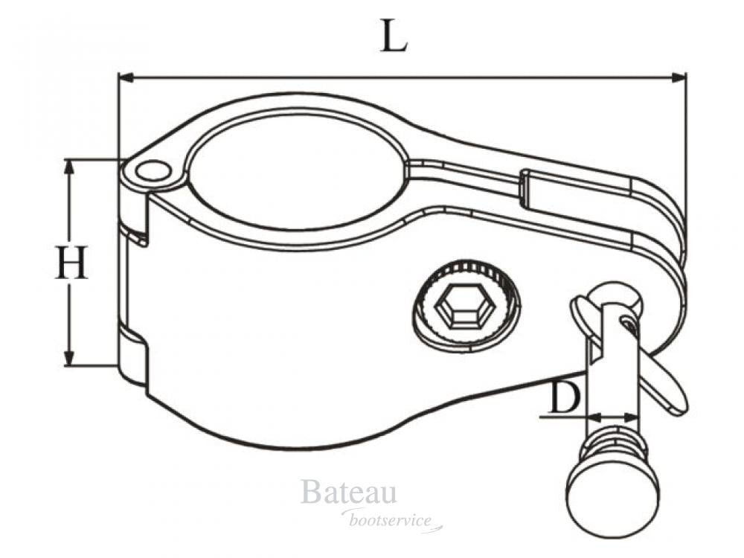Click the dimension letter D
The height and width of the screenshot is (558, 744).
(x=564, y=400)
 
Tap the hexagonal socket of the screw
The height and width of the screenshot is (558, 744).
(x=458, y=307)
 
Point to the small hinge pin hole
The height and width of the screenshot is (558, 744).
(x=153, y=172)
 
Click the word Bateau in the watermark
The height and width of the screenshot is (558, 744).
(x=348, y=493)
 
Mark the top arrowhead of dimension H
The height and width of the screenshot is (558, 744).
(x=70, y=165)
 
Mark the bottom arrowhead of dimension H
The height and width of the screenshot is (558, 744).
(x=70, y=359)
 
